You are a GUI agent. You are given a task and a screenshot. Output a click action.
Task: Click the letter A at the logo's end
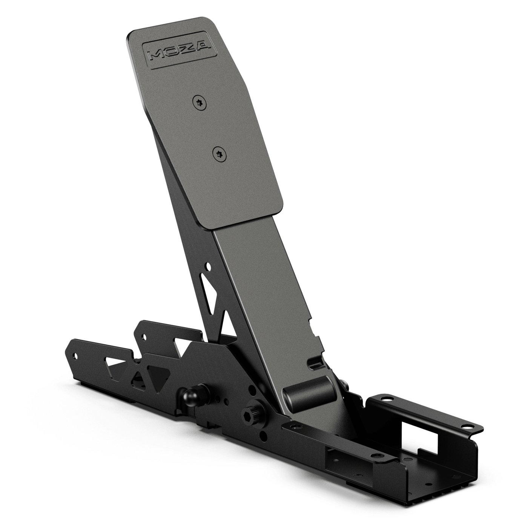[205, 47]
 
